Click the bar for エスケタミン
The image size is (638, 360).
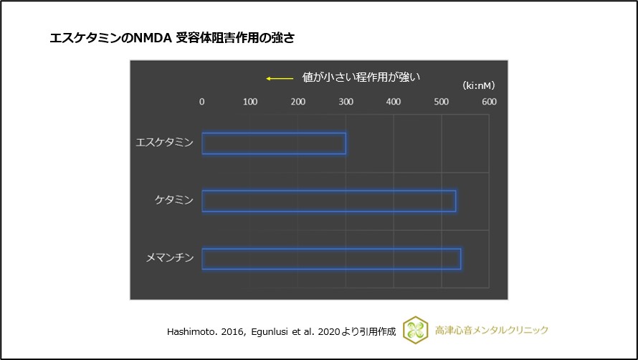click(x=274, y=143)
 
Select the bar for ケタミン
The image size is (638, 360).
click(x=328, y=201)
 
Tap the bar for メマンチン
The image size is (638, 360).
click(x=331, y=258)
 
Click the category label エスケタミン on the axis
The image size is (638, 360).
click(x=164, y=143)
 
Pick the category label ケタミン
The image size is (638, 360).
click(x=174, y=200)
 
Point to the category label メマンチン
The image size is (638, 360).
click(x=169, y=257)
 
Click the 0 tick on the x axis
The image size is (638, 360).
click(x=201, y=102)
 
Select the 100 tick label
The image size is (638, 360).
click(x=249, y=102)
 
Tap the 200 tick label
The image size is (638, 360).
click(x=297, y=102)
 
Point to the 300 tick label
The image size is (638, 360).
click(x=346, y=102)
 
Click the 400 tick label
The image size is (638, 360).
click(x=394, y=102)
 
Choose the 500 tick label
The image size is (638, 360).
click(x=442, y=102)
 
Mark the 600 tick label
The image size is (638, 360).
click(x=489, y=102)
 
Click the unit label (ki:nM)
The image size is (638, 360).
click(x=478, y=85)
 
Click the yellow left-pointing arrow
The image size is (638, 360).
click(x=280, y=78)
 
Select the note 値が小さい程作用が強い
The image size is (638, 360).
click(x=360, y=77)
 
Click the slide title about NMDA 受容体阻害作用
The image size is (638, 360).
click(x=172, y=38)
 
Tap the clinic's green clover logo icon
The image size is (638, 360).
click(x=416, y=330)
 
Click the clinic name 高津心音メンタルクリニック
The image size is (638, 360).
click(x=492, y=330)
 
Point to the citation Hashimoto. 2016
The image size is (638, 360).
click(x=197, y=331)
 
